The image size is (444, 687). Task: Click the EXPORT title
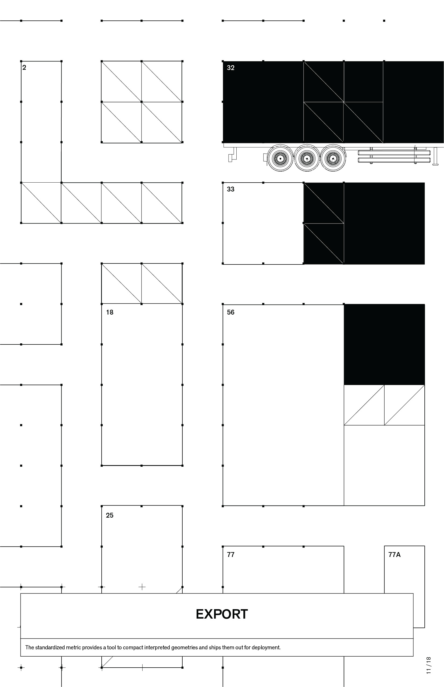click(x=222, y=614)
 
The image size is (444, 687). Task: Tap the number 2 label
click(x=24, y=68)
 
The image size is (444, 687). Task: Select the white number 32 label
click(x=230, y=68)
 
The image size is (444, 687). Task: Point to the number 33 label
click(x=230, y=189)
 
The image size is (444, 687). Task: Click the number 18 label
click(x=109, y=312)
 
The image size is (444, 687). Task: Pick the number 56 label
click(x=230, y=312)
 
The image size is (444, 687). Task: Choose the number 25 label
click(x=109, y=515)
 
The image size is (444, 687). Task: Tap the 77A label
click(x=394, y=555)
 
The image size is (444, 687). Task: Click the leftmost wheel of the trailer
click(x=280, y=158)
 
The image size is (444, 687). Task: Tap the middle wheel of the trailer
click(x=306, y=158)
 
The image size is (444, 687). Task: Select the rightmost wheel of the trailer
click(x=333, y=158)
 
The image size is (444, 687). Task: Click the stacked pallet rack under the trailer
click(x=394, y=156)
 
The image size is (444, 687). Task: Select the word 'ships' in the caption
click(x=215, y=647)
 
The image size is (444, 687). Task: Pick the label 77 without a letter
click(x=230, y=555)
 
